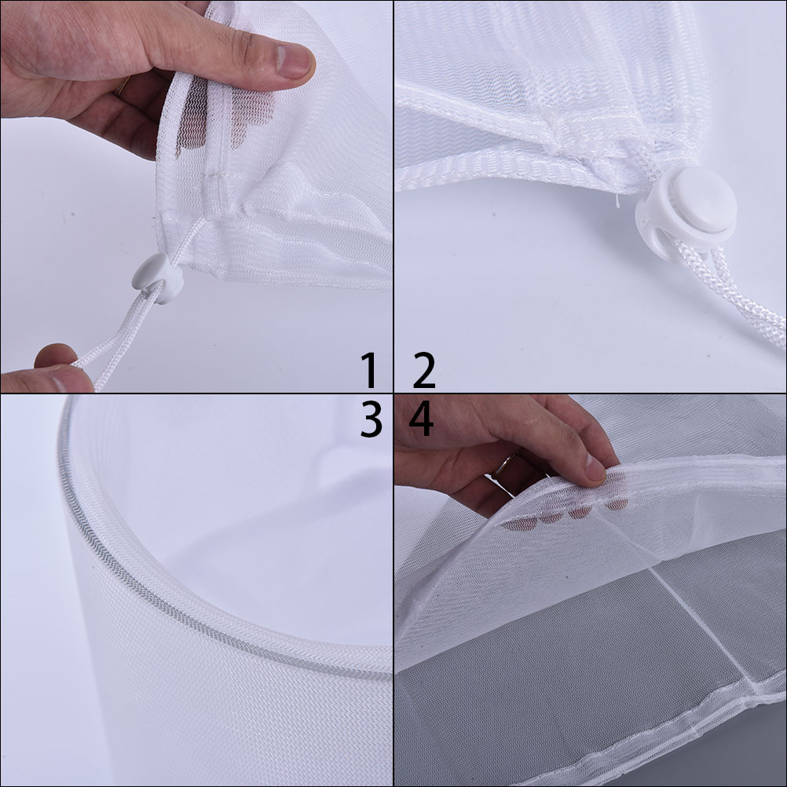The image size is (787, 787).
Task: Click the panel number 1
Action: click(x=370, y=371)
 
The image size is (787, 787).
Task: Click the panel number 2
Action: click(x=424, y=371)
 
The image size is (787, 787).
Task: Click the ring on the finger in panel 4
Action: click(x=504, y=464)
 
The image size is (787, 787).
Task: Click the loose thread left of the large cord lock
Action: click(x=618, y=200)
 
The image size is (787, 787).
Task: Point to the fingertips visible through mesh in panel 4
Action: click(x=566, y=514)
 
